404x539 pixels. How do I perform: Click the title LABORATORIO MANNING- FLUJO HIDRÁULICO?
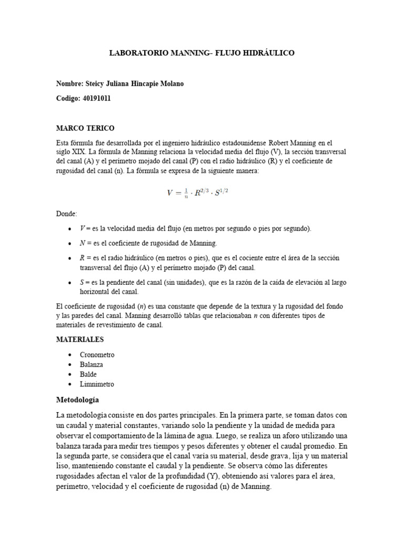[201, 53]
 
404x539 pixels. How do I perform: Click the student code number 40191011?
[97, 98]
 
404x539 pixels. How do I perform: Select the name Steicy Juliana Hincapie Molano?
[134, 84]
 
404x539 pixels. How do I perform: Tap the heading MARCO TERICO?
[85, 128]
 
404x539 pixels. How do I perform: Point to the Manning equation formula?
[198, 193]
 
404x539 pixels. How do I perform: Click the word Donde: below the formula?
[66, 214]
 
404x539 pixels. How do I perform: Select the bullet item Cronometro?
[97, 355]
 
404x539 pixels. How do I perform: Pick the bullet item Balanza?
[92, 364]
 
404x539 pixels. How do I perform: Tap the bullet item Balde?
[88, 374]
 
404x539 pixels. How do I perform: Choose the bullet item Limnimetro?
[97, 384]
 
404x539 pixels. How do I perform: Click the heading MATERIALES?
[80, 340]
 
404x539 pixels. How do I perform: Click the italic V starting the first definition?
[82, 228]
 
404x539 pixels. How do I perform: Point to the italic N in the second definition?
[83, 244]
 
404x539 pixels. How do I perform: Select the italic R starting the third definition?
[83, 258]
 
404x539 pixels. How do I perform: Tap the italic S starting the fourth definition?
[82, 283]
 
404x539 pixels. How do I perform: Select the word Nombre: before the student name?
[69, 84]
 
